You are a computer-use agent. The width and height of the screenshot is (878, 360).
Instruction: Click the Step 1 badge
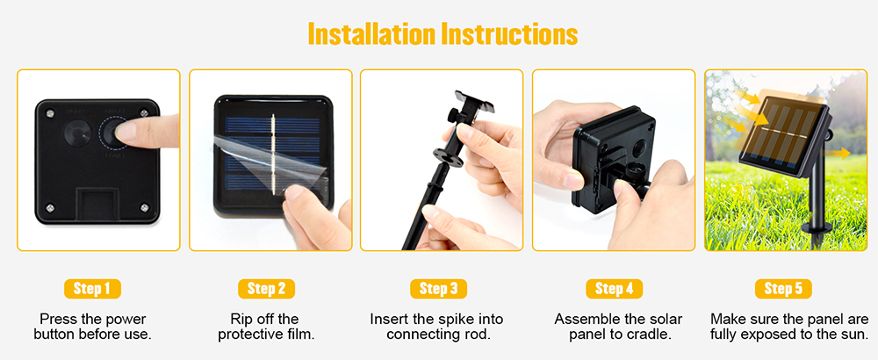[92, 289]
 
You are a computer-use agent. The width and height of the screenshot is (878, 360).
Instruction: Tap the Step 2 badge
[267, 289]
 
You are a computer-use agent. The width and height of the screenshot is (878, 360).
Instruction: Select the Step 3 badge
[438, 289]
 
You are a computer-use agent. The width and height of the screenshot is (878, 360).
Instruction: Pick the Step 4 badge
[615, 289]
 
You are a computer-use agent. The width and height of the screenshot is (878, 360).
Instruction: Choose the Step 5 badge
[783, 289]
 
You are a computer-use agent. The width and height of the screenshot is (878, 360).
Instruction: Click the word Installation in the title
[371, 35]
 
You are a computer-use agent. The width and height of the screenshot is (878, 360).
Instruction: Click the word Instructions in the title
[509, 35]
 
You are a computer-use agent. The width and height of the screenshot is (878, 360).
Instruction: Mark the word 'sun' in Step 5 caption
[857, 335]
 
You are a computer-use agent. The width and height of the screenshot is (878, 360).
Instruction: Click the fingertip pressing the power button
[126, 132]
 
